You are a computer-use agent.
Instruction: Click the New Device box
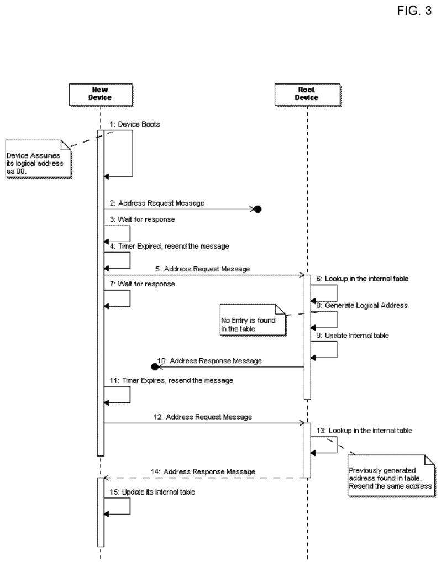(101, 95)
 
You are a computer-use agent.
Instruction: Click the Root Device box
(307, 95)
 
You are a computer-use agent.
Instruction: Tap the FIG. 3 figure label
(414, 11)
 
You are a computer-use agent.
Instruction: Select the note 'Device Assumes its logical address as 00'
(39, 159)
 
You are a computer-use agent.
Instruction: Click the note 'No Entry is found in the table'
(253, 320)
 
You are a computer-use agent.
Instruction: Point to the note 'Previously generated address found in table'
(392, 476)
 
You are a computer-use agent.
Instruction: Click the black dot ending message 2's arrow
(258, 209)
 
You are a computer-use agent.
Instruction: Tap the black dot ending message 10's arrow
(155, 367)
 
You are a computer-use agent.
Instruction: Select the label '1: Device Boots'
(135, 124)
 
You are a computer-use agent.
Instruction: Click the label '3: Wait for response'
(143, 219)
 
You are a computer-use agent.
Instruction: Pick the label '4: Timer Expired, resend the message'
(169, 246)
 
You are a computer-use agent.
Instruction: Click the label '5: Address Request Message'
(203, 269)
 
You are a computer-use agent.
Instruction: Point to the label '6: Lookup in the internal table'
(363, 279)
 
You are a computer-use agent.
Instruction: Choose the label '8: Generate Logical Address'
(362, 305)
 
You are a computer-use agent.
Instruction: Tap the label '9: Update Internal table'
(353, 336)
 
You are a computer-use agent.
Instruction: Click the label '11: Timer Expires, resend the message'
(171, 380)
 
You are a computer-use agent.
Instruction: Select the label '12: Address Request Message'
(202, 417)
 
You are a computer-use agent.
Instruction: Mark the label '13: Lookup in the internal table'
(364, 431)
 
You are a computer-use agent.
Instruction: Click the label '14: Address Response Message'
(203, 472)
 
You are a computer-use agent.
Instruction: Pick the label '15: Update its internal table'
(153, 492)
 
